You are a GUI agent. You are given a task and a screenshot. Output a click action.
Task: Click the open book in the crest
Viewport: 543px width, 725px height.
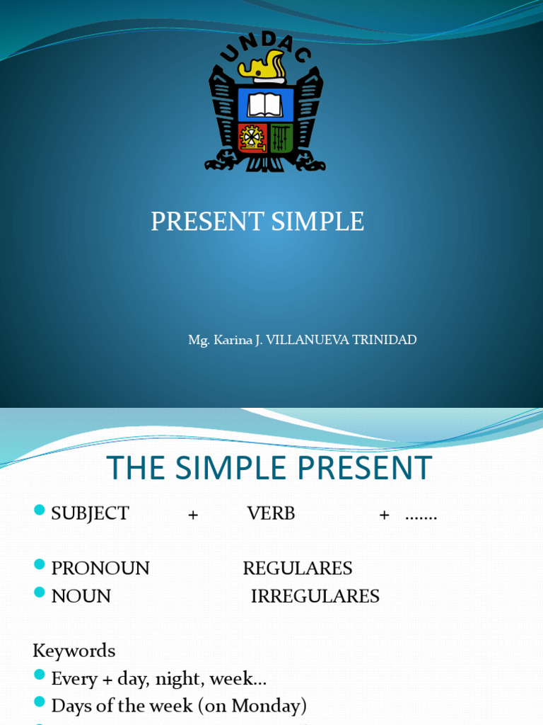coord(265,105)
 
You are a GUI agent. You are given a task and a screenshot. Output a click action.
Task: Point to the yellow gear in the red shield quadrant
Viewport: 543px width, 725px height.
coord(251,137)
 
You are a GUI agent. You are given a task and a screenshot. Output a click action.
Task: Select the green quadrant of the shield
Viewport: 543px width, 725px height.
coord(281,137)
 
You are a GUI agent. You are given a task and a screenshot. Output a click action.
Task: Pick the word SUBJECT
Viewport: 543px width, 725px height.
coord(90,514)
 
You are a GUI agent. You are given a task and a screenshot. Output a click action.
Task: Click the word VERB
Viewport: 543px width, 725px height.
coord(271,514)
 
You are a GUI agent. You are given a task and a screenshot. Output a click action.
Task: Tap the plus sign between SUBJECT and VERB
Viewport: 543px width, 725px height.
coord(193,515)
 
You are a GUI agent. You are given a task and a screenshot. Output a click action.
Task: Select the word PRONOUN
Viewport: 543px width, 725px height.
coord(100,569)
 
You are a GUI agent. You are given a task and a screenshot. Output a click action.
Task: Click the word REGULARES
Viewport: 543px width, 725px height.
coord(298,569)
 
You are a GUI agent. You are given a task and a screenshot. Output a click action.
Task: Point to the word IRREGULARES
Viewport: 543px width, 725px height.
coord(315,596)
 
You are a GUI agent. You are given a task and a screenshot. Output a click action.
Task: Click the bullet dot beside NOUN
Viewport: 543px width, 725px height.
coord(40,593)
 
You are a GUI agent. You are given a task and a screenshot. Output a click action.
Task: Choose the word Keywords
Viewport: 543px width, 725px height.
coord(74,651)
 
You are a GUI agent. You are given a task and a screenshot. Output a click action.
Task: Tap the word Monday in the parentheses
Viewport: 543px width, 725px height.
coord(270,706)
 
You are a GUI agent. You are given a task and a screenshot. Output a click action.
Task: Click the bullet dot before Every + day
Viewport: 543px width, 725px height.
coord(40,675)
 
